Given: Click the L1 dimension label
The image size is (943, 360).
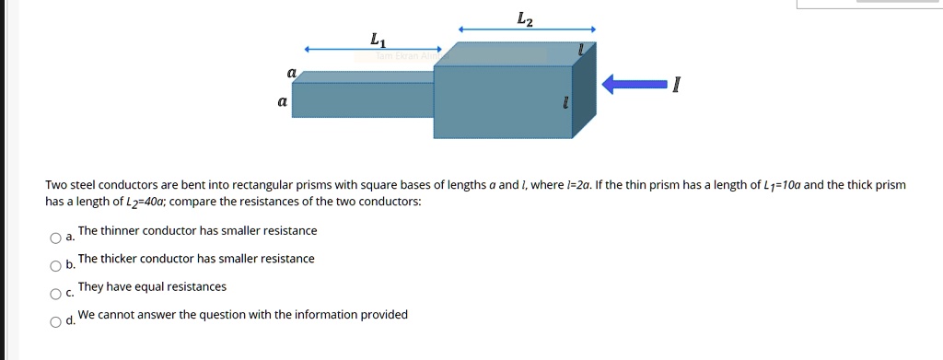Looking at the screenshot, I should coord(378,40).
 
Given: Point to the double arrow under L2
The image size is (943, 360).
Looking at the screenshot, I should coord(528,29).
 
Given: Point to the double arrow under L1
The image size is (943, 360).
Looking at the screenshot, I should coord(374,50).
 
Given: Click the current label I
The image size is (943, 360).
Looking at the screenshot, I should coord(677,87).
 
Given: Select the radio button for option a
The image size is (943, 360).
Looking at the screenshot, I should coord(56,238).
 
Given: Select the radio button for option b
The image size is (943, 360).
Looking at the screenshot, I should coord(56,267).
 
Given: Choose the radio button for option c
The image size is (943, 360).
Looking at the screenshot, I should coord(56,295).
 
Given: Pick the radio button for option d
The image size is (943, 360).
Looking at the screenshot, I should coord(56,322).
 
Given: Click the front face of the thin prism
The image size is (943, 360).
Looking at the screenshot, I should coord(363,100).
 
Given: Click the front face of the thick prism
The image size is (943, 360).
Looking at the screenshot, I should coord(502,102).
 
